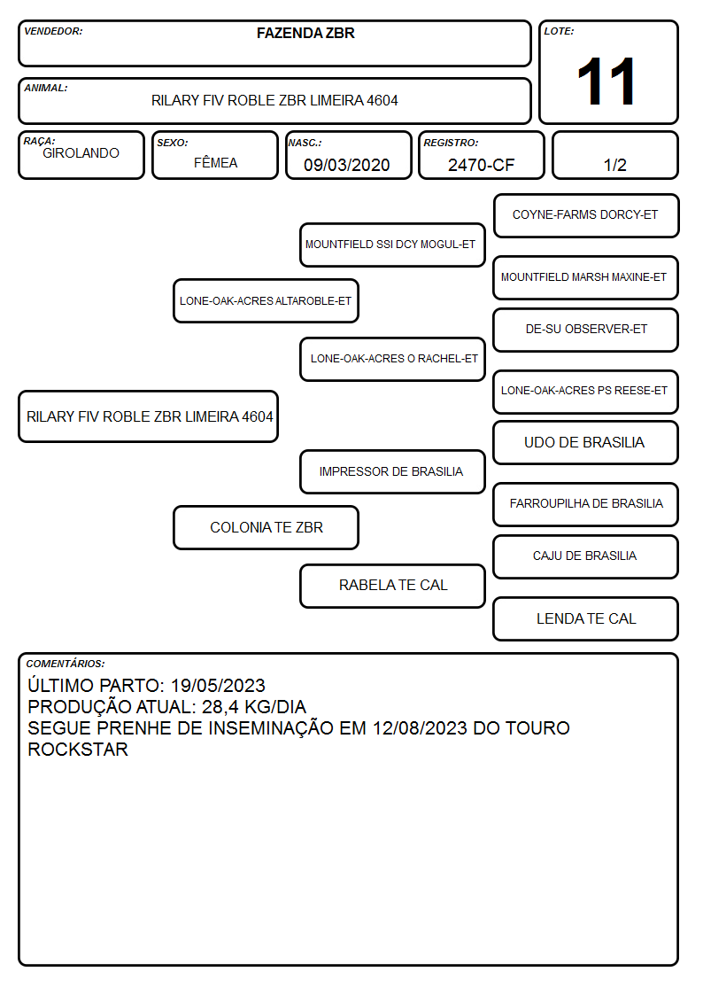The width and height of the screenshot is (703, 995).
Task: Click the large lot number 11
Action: pos(606,82)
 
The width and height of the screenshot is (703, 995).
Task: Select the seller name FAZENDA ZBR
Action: pos(305,33)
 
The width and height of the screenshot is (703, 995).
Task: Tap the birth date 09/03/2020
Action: pos(347,165)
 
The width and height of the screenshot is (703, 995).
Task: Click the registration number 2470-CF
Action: pos(481,165)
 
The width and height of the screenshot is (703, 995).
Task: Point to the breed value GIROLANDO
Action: pos(81,153)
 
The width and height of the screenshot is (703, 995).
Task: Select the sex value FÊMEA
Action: pos(215,162)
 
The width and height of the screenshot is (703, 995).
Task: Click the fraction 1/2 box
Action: pos(614,155)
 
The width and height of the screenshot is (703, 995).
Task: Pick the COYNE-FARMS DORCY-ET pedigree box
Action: pos(586,216)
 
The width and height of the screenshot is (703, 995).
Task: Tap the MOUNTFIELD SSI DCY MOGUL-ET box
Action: pos(392,245)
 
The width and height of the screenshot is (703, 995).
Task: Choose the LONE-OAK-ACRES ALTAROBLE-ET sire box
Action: pos(266,300)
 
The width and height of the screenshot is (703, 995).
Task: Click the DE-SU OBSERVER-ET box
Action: pos(586,330)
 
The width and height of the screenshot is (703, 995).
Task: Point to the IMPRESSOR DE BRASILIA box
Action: pos(392,472)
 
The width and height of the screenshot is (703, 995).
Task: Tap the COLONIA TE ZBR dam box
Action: pos(266,528)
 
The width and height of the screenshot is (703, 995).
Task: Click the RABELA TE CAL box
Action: pos(392,587)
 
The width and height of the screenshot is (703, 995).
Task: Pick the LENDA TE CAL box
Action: pos(586,619)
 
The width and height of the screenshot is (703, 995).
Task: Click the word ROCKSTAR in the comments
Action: pos(78,750)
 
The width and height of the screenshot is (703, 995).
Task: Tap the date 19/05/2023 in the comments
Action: pos(218,685)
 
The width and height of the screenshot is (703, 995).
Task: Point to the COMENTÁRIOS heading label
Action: pos(66,664)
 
